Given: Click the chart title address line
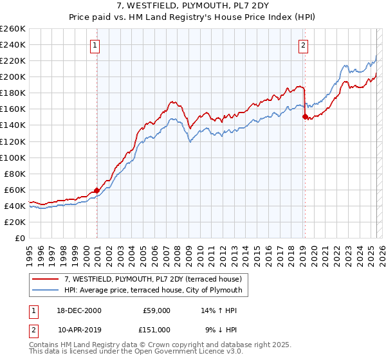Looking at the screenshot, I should point(192,6).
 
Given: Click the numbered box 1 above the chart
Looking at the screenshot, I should point(95,45).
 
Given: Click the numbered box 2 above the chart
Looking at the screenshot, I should point(303,45).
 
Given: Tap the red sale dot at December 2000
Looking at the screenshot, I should point(96,190).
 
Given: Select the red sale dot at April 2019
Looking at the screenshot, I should point(305,116).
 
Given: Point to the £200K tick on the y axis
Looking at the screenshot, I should point(13,76).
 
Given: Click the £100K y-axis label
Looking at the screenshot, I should point(13,157).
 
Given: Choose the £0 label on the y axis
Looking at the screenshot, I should point(19,238).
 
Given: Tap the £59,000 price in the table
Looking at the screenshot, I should point(156,310).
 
